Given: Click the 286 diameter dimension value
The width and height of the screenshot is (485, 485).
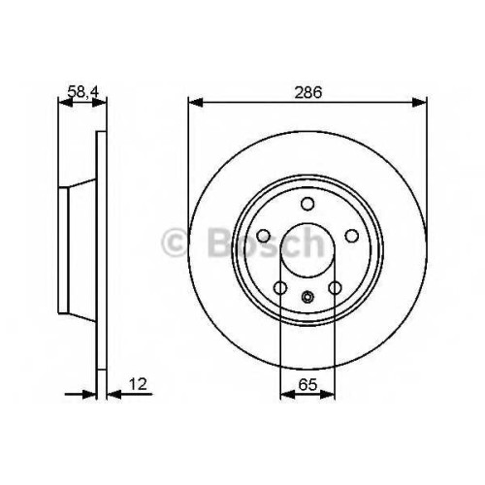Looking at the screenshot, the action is click(307, 92).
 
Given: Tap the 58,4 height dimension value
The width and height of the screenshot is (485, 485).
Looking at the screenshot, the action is click(82, 92).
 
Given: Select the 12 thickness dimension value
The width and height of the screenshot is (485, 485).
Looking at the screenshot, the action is click(138, 384).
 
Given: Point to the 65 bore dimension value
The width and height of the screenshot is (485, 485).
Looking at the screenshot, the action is click(307, 384).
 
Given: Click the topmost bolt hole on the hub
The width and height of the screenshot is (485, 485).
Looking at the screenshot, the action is click(307, 204).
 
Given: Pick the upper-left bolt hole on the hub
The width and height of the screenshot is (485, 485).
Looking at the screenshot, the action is click(264, 236).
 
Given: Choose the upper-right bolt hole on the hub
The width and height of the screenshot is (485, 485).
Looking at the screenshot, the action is click(352, 236).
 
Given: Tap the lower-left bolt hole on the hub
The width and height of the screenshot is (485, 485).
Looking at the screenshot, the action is click(280, 287).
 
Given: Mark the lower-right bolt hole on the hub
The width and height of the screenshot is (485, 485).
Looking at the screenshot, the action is click(335, 287).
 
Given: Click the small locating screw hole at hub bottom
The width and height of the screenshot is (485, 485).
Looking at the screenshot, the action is click(307, 296).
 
